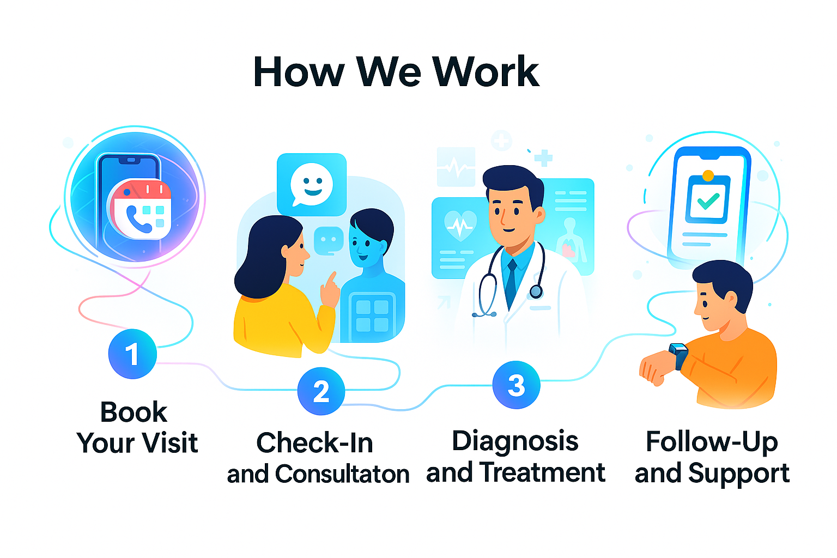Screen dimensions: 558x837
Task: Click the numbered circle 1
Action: click(x=132, y=354)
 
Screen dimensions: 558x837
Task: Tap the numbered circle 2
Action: click(x=321, y=391)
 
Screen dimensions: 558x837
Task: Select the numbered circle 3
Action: click(x=516, y=385)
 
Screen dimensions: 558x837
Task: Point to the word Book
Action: click(x=134, y=412)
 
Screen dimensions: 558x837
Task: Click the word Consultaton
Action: click(x=342, y=474)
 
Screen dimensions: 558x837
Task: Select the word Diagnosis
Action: click(x=515, y=440)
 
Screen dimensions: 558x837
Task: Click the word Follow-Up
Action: click(x=712, y=441)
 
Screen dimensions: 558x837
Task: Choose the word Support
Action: click(x=738, y=473)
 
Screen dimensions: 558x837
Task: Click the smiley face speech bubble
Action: click(x=312, y=184)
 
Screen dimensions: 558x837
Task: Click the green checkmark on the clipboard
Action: click(x=708, y=202)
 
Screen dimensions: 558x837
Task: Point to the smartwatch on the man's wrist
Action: click(x=679, y=355)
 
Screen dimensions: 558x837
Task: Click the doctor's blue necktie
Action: click(x=511, y=283)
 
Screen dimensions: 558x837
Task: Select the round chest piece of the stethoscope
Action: click(x=536, y=292)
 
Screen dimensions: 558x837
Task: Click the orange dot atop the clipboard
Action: click(x=708, y=175)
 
